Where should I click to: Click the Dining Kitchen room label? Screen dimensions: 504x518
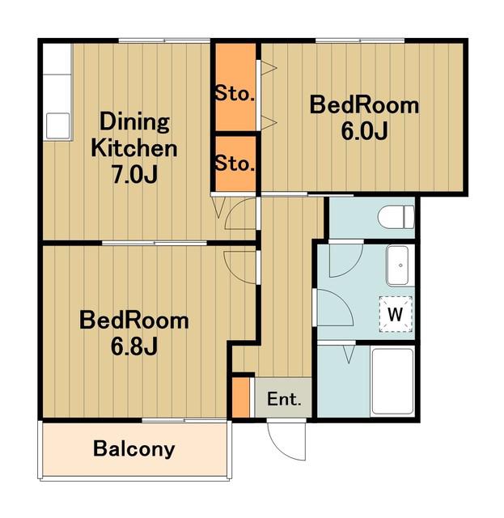coord(134,135)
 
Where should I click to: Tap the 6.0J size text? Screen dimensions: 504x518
coord(364,131)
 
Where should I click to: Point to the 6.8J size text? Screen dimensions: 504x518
coord(134,346)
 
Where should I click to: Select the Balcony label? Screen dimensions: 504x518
coord(133,449)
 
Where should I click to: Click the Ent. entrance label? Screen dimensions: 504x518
coord(284,399)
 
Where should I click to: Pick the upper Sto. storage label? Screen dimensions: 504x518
coord(235,94)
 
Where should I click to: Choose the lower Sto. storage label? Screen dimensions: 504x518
coord(235,163)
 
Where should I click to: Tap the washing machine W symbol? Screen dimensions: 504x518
coord(396,314)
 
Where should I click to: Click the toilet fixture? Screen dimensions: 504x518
coord(396,217)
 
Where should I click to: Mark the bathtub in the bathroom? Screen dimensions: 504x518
coord(392,382)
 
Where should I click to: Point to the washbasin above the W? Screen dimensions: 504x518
coord(398,265)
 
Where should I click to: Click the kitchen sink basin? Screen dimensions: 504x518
coord(58,126)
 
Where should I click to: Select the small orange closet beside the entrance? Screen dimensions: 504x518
coord(241,397)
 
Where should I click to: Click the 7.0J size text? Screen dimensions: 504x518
coord(134,174)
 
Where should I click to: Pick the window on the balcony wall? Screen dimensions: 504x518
coord(184,421)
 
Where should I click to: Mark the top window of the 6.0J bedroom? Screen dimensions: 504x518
coord(360,41)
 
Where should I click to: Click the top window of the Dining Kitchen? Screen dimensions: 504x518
coord(164,41)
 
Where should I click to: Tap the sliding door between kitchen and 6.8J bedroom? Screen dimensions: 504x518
coord(155,244)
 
